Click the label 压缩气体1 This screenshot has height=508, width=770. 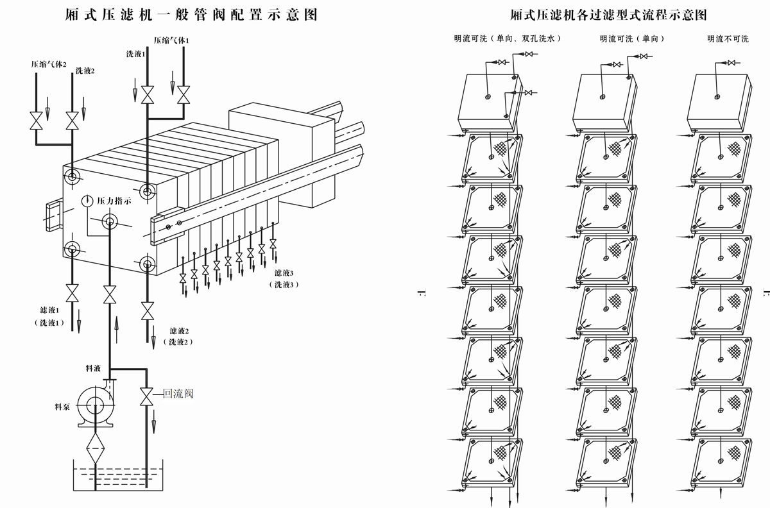tap(171, 40)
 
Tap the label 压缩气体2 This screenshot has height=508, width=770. tap(49, 64)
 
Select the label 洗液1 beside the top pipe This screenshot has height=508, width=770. tap(135, 55)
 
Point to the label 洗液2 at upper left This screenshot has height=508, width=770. tap(85, 71)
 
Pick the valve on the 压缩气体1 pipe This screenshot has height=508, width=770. tap(184, 94)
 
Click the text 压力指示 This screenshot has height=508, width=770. tap(114, 201)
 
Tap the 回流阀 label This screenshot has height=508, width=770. tap(178, 394)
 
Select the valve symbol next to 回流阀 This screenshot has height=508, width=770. tap(147, 396)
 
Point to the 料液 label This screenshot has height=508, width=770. tap(93, 369)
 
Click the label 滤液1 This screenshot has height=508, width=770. tap(49, 310)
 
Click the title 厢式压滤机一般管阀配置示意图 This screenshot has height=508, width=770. tap(191, 14)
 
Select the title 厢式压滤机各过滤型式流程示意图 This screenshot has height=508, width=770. tap(608, 14)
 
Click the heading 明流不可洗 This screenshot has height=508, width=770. tap(728, 39)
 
